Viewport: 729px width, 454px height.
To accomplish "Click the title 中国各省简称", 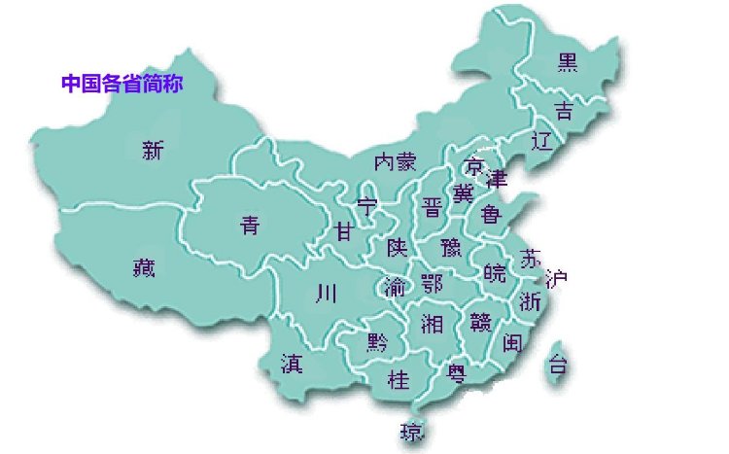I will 122,84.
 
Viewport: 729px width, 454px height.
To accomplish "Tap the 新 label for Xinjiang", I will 154,151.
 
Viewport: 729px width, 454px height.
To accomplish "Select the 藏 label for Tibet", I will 144,268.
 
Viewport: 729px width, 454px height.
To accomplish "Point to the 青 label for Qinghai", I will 250,227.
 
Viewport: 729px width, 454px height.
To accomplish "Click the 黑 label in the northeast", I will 567,63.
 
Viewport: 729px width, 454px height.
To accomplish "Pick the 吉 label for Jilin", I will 563,108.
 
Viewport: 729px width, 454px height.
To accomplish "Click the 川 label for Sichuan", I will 326,293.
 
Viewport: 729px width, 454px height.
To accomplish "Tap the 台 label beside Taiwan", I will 558,366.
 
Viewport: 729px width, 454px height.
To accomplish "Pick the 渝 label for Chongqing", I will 395,287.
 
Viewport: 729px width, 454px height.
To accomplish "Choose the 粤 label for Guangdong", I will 456,370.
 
